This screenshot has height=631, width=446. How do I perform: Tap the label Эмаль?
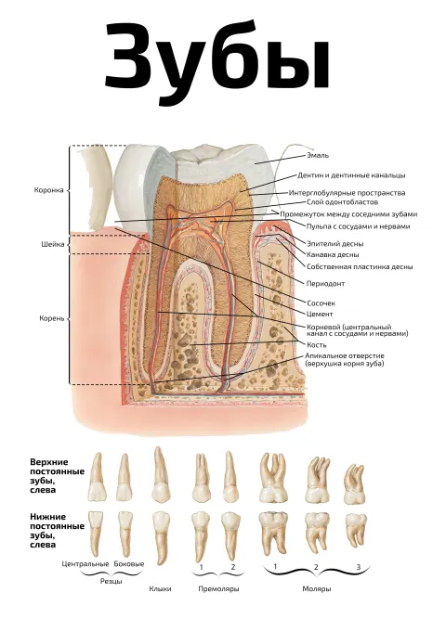(x=318, y=155)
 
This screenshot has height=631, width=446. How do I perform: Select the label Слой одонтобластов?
(x=343, y=202)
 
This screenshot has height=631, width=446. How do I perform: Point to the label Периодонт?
(x=325, y=284)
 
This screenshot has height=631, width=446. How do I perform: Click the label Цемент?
(x=320, y=314)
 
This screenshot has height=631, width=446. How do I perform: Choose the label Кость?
(x=317, y=345)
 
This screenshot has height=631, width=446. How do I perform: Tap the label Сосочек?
(x=321, y=303)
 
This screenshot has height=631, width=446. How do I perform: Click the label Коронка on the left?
(x=48, y=190)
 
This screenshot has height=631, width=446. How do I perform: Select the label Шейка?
(x=52, y=244)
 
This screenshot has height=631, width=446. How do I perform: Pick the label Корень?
(x=52, y=318)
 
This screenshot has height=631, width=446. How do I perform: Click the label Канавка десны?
(x=333, y=255)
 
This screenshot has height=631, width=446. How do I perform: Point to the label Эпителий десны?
(x=335, y=244)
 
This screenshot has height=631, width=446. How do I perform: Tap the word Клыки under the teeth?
(x=160, y=588)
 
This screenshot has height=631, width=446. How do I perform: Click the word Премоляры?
(x=218, y=588)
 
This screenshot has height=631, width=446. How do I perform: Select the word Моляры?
(x=317, y=588)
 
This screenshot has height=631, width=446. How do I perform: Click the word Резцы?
(x=111, y=581)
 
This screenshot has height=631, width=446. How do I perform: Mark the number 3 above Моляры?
(x=358, y=567)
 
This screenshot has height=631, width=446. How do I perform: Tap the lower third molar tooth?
(x=356, y=528)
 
